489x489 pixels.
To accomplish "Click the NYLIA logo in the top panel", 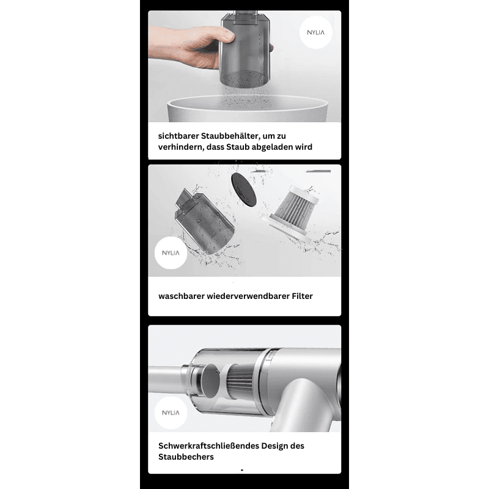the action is click(x=315, y=32).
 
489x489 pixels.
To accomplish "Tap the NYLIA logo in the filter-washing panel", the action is click(x=171, y=252).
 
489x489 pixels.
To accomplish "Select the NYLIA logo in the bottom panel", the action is click(x=171, y=413).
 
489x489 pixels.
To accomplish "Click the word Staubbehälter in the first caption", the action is click(x=230, y=136).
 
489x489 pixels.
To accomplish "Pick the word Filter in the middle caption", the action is click(x=302, y=296).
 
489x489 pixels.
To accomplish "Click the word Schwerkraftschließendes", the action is click(x=208, y=446).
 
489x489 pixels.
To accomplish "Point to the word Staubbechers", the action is click(x=186, y=457).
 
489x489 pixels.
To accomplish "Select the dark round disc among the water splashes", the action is click(x=243, y=189).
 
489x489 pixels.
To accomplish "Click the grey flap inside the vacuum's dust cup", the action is click(x=210, y=380).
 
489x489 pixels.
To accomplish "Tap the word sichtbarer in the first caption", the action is click(x=178, y=136).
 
